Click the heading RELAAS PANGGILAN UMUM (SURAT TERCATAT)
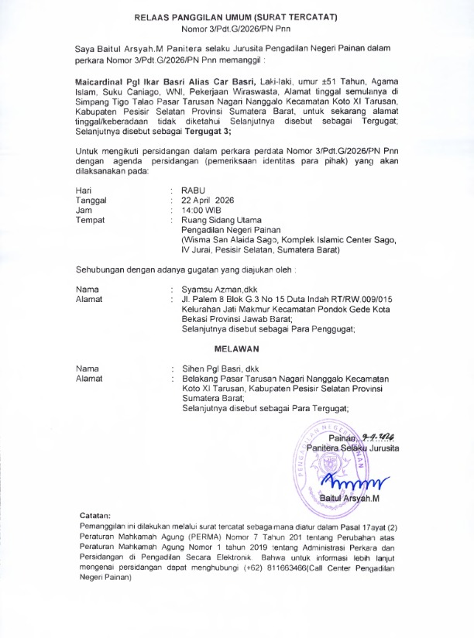236,17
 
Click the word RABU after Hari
194,190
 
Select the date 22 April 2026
208,200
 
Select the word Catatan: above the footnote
95,515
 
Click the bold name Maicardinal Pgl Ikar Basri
132,81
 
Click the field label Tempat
90,220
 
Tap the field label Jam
83,210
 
